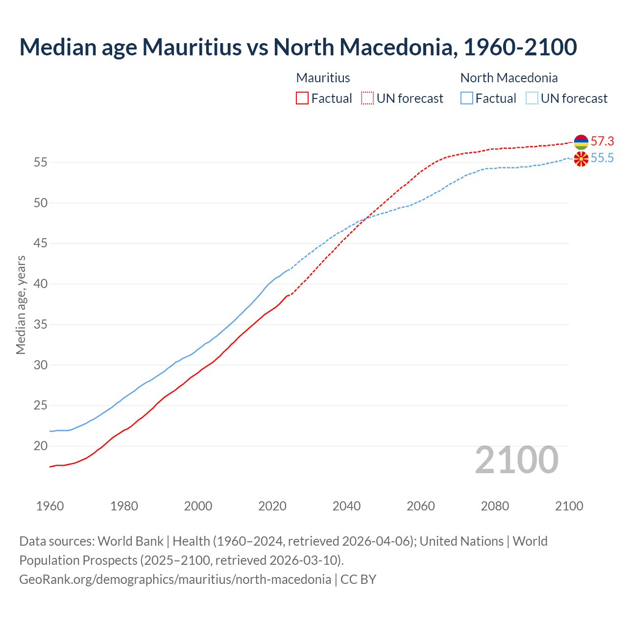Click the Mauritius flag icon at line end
tap(581, 142)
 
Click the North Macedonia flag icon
tap(581, 159)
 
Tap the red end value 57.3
tap(602, 142)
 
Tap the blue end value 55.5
tap(602, 158)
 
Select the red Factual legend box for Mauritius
tap(302, 98)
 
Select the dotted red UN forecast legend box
tap(367, 98)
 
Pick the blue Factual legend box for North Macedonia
tap(467, 98)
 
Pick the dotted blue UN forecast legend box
tap(532, 98)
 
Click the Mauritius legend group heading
tap(323, 78)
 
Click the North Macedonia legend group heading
tap(509, 78)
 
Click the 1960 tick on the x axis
tap(50, 506)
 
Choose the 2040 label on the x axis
tap(347, 506)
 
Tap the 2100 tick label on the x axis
tap(569, 506)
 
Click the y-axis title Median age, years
tap(21, 305)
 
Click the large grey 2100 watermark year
tap(517, 460)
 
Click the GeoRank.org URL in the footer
tap(175, 579)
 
